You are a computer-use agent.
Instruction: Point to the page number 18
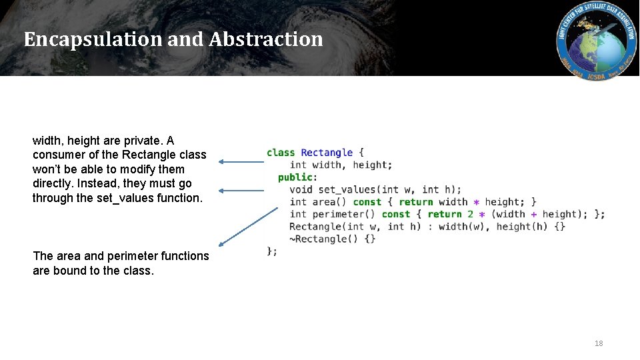click(x=598, y=343)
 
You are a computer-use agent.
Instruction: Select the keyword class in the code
click(x=280, y=153)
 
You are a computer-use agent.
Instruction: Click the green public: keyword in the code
click(x=297, y=177)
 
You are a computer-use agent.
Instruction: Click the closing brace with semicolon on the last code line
click(x=272, y=251)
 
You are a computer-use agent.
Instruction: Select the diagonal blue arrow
click(x=248, y=227)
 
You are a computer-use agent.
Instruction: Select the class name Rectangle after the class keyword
click(x=327, y=153)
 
